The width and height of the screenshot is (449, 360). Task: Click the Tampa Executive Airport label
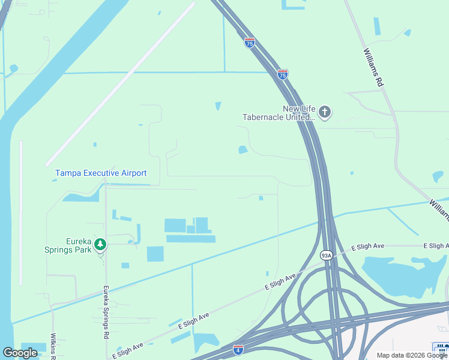[x=101, y=173]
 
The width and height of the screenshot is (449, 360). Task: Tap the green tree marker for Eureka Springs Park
[x=100, y=244]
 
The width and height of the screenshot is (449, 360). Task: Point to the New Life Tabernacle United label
[x=278, y=113]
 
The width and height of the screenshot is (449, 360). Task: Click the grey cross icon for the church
[x=325, y=112]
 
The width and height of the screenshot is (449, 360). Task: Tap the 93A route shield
[x=326, y=254]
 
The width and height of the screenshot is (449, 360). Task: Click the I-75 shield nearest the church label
[x=283, y=74]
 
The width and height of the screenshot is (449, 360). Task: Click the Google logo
[x=20, y=353]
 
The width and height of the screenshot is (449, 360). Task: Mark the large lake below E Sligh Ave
[x=399, y=273]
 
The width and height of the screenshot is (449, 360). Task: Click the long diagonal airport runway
[x=120, y=84]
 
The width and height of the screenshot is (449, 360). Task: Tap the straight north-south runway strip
[x=21, y=213]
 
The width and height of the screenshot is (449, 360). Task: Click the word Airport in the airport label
[x=133, y=173]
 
